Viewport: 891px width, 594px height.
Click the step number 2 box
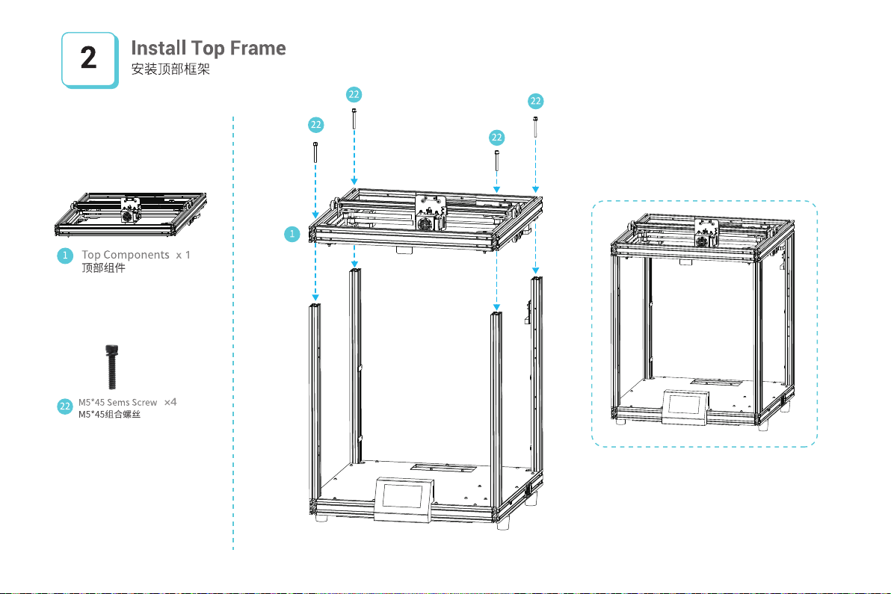[x=90, y=60]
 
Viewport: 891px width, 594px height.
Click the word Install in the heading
[x=158, y=49]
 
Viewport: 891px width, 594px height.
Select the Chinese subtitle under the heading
[x=170, y=69]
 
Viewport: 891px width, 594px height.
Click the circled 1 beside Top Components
[x=65, y=256]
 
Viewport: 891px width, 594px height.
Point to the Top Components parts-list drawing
[x=131, y=214]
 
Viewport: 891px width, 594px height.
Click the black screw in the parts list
[x=112, y=366]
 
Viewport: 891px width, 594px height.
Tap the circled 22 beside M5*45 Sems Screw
[x=65, y=406]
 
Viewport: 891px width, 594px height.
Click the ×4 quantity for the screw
[x=170, y=402]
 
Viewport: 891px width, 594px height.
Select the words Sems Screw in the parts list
[x=132, y=403]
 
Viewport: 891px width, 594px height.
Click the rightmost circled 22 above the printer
[x=535, y=101]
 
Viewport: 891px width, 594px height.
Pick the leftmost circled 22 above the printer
[x=316, y=125]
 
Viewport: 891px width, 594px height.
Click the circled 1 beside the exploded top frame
[x=292, y=234]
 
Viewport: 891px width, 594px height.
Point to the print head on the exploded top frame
[x=430, y=213]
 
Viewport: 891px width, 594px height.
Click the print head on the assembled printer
[x=705, y=234]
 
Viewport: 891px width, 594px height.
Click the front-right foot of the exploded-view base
[x=502, y=525]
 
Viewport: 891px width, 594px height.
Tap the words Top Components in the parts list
[x=126, y=255]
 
